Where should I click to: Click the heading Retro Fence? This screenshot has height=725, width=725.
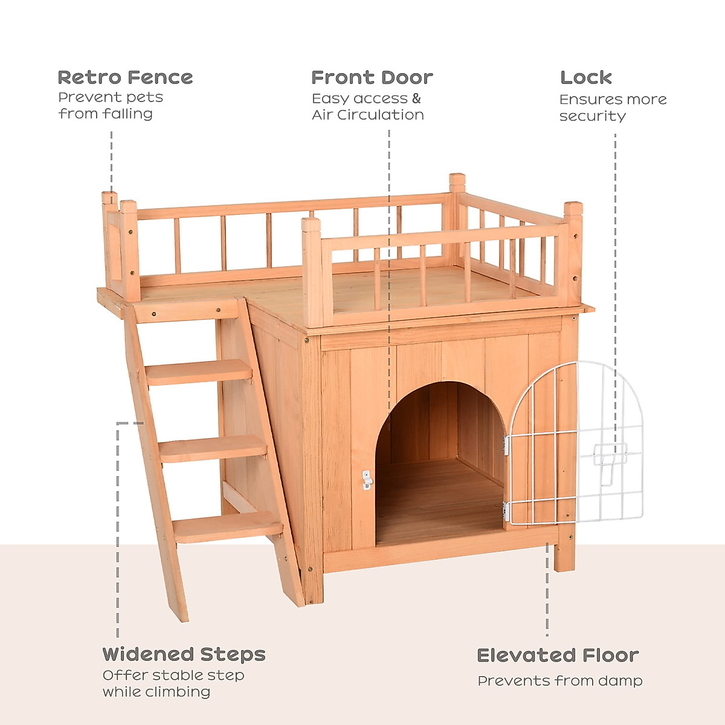pyautogui.click(x=125, y=78)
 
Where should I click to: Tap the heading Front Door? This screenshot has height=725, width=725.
pyautogui.click(x=372, y=78)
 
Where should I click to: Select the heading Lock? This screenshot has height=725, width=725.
pyautogui.click(x=585, y=78)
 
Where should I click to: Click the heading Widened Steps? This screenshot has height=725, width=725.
pyautogui.click(x=184, y=654)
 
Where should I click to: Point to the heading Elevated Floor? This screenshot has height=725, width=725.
pyautogui.click(x=557, y=656)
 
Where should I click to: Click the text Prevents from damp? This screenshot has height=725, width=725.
pyautogui.click(x=559, y=681)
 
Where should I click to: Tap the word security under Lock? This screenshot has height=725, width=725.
pyautogui.click(x=592, y=116)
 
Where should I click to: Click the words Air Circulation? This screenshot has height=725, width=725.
pyautogui.click(x=367, y=115)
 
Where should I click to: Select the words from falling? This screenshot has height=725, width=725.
pyautogui.click(x=105, y=114)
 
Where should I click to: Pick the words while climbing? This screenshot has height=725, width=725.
pyautogui.click(x=156, y=692)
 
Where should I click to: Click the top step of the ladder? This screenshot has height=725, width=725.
pyautogui.click(x=199, y=371)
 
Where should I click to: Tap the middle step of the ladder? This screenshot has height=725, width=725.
pyautogui.click(x=213, y=449)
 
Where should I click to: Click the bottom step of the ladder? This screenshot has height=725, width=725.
pyautogui.click(x=228, y=527)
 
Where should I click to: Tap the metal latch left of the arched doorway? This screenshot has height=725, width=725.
pyautogui.click(x=366, y=480)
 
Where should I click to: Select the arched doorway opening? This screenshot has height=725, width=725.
pyautogui.click(x=439, y=465)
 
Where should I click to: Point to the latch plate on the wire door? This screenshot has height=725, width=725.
pyautogui.click(x=609, y=454)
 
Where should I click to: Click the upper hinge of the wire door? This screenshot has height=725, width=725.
pyautogui.click(x=506, y=446)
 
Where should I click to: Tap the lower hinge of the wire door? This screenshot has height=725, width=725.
pyautogui.click(x=506, y=512)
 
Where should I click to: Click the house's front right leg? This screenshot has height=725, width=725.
pyautogui.click(x=564, y=550)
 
